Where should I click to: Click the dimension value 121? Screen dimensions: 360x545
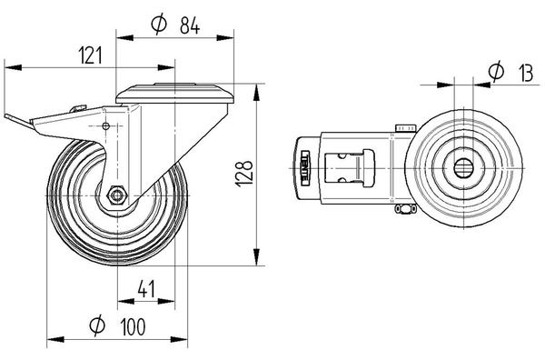pos(87,55)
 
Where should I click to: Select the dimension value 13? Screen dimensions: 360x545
pos(523,71)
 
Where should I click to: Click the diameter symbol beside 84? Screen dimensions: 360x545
pos(156,27)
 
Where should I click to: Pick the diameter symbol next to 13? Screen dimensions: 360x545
pos(495,71)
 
